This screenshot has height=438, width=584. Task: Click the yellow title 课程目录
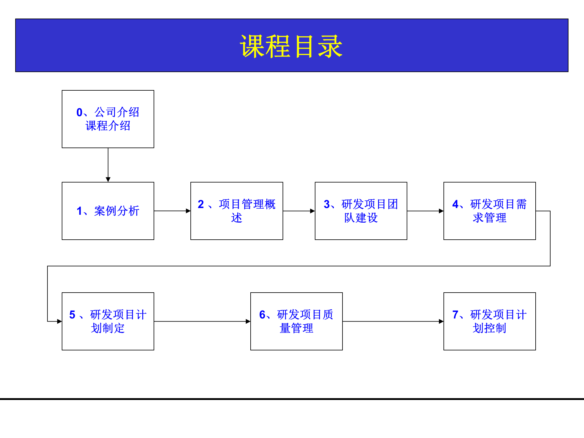click(x=291, y=46)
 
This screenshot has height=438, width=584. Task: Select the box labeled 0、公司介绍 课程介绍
click(x=108, y=119)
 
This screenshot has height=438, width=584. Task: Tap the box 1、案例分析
click(x=108, y=211)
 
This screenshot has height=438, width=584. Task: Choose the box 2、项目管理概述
click(x=237, y=211)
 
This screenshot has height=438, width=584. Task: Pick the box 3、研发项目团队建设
click(x=361, y=211)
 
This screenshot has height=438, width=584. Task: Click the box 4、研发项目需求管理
click(x=489, y=211)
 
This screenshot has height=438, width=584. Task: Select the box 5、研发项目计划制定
click(x=108, y=321)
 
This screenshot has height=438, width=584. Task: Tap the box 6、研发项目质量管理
click(x=296, y=321)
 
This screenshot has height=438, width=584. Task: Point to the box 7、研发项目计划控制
click(x=489, y=321)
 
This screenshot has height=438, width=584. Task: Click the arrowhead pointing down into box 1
click(x=108, y=179)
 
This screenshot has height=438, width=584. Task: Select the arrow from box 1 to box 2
click(x=172, y=211)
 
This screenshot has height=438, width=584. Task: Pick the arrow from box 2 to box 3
click(x=299, y=211)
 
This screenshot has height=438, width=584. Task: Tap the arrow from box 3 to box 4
click(x=425, y=211)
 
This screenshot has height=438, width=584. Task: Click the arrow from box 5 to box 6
click(x=202, y=321)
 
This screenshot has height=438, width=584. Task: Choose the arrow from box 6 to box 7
click(x=393, y=321)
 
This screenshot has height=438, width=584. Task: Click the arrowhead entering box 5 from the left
click(x=59, y=321)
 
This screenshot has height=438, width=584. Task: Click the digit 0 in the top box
click(x=79, y=113)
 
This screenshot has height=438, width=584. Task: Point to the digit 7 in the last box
click(x=455, y=315)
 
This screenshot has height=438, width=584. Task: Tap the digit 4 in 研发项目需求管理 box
click(x=455, y=204)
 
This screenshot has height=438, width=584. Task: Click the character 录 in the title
click(x=330, y=46)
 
